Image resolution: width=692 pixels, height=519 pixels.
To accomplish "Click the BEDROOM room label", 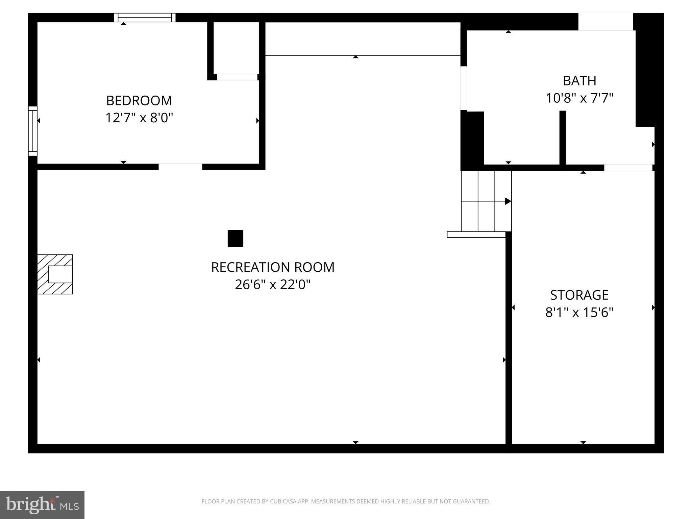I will point(139,100).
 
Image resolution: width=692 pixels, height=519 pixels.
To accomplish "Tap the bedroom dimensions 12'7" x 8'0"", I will point(139,118).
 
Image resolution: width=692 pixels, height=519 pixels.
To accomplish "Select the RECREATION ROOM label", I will point(273,267).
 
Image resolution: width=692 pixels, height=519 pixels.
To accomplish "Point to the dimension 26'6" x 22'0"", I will point(273,285).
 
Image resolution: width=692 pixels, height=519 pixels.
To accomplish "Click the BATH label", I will point(579,80).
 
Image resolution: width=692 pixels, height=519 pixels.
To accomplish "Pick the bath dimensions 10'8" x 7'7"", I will point(579,98).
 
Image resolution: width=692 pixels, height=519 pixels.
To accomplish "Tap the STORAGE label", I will point(579,295).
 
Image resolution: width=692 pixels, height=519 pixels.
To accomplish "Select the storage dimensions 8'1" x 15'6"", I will point(579,312).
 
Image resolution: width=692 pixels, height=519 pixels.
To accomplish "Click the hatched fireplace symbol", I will point(55,274).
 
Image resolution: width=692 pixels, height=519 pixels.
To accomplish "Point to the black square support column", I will point(235,238).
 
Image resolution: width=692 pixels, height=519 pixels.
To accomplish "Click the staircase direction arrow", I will point(508,201).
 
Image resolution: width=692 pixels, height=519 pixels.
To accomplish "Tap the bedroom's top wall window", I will point(145,17).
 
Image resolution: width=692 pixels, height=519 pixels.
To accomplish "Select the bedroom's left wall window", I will point(32,131).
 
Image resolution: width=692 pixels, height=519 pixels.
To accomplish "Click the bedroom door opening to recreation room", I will point(180,167).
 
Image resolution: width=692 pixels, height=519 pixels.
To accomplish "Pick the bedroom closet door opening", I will point(237,77).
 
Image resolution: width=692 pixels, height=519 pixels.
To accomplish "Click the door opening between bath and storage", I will point(628,168).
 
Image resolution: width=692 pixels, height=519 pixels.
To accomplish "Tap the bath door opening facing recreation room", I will point(464,88).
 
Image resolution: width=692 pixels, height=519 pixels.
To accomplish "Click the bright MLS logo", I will point(42,505).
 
